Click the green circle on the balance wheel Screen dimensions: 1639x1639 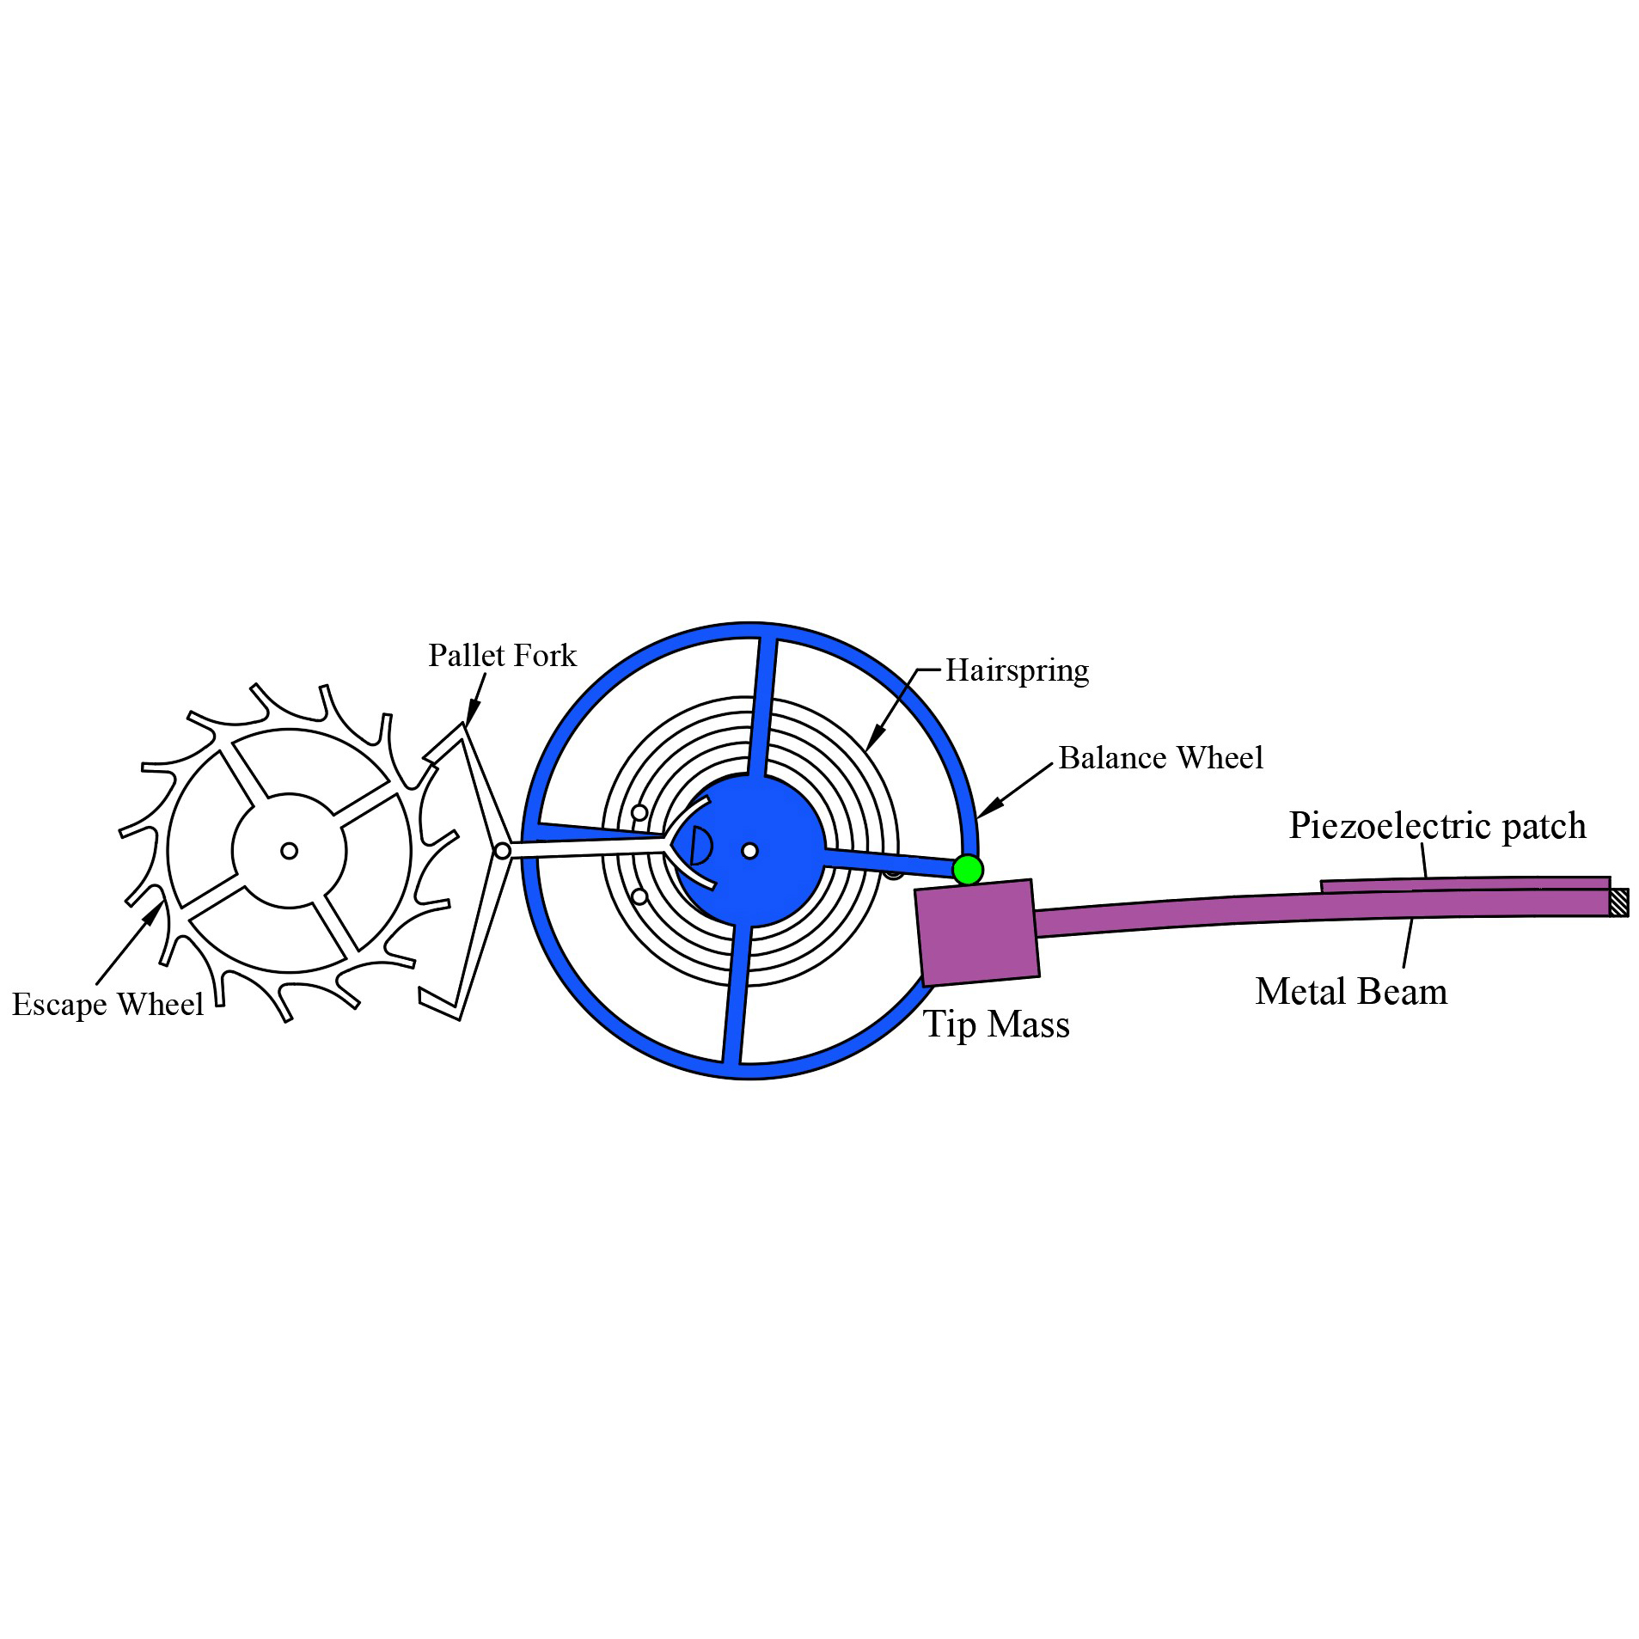click(x=967, y=870)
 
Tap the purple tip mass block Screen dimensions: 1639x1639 click(x=977, y=933)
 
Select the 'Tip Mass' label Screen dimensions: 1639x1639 click(x=996, y=1024)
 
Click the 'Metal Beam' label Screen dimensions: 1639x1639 click(x=1351, y=991)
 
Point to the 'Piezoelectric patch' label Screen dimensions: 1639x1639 click(x=1437, y=825)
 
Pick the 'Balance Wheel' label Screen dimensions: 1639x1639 click(x=1160, y=757)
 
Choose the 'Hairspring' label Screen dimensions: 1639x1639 click(x=1017, y=670)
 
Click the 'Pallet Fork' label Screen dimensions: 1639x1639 click(x=502, y=655)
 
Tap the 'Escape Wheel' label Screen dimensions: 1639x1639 click(x=107, y=1004)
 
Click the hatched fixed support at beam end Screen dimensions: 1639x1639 click(x=1618, y=902)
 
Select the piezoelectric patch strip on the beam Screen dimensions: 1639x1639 click(x=1465, y=885)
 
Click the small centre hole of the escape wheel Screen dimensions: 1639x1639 click(x=290, y=851)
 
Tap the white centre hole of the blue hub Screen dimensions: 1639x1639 click(x=749, y=851)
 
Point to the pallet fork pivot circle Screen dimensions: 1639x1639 click(x=503, y=851)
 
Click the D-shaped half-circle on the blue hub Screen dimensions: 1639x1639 click(x=700, y=846)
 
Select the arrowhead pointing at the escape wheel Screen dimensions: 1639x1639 click(x=152, y=913)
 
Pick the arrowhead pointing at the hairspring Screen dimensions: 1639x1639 click(x=874, y=737)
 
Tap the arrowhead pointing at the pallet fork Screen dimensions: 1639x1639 click(x=472, y=713)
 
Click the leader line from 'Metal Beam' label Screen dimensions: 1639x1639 click(x=1408, y=943)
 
